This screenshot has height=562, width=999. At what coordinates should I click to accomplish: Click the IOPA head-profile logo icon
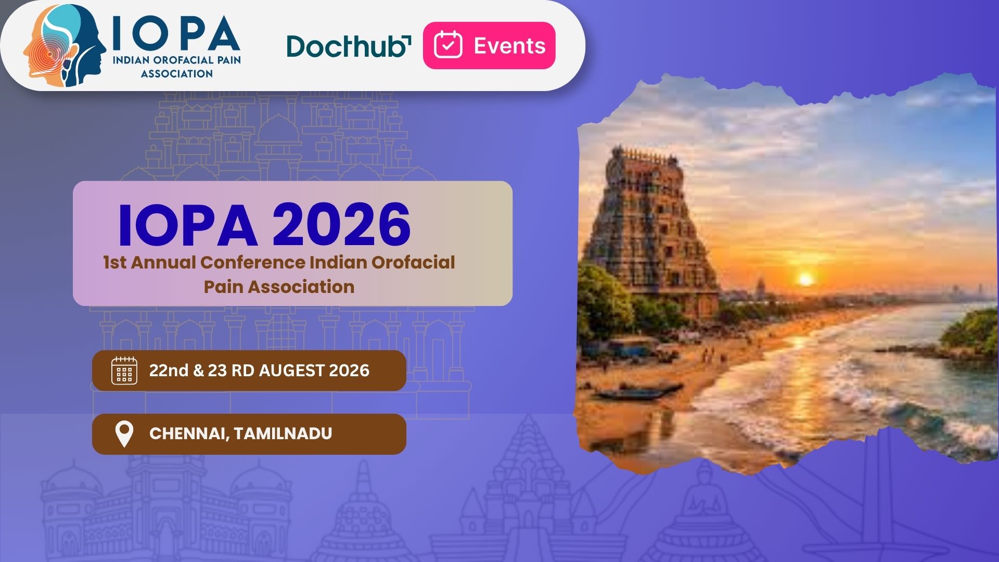coord(65,46)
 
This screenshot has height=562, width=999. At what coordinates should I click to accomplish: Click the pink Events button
coord(489,45)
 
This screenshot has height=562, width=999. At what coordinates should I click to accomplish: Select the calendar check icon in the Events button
coord(448,45)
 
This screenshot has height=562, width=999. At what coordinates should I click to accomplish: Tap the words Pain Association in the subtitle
coord(279,287)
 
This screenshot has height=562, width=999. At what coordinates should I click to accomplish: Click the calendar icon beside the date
coord(124,371)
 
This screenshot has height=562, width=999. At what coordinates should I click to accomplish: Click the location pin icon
coord(124,434)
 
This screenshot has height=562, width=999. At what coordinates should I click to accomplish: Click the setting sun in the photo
coord(805,279)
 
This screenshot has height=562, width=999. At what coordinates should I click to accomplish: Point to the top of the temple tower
coord(644,152)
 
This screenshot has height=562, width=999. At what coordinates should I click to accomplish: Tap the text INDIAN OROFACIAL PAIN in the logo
coord(177,60)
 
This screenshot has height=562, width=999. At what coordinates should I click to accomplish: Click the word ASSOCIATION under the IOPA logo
coord(177,74)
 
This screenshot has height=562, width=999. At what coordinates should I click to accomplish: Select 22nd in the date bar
coord(169,371)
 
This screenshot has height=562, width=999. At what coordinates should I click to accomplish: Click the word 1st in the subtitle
coord(114,262)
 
